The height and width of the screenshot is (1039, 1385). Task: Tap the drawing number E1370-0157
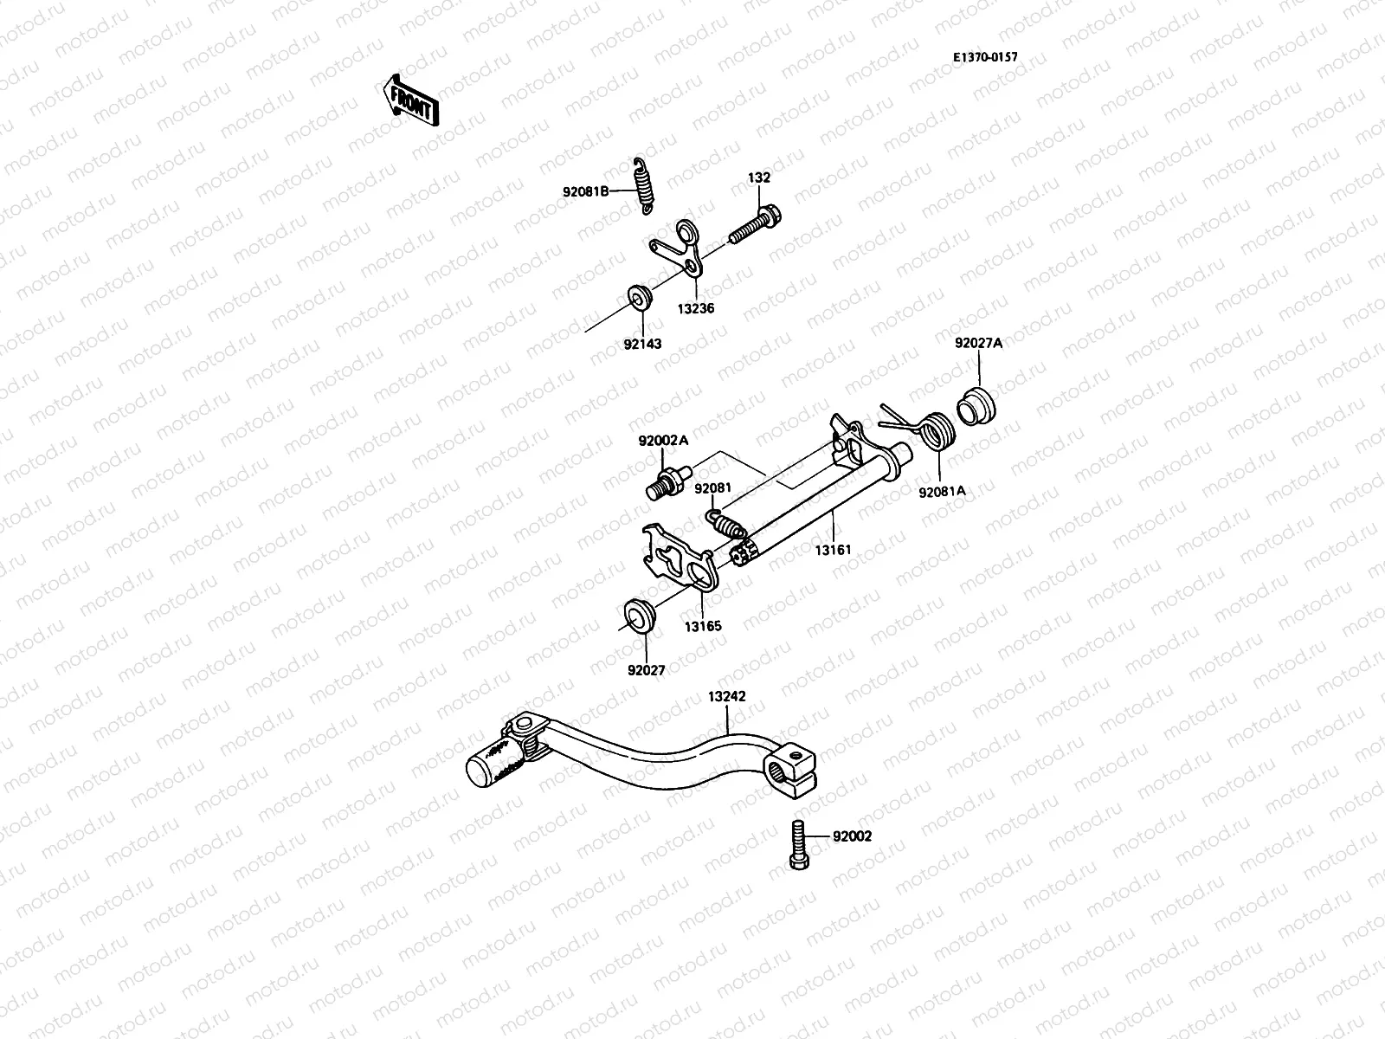pos(985,58)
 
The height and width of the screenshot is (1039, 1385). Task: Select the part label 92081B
pos(584,191)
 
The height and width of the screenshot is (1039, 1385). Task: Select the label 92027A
pos(978,343)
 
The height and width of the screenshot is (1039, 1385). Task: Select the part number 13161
pos(833,548)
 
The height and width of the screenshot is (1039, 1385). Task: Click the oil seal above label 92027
pos(641,616)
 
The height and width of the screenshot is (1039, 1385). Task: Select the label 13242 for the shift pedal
pos(726,695)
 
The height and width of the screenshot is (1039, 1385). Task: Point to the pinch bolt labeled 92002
pos(797,844)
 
